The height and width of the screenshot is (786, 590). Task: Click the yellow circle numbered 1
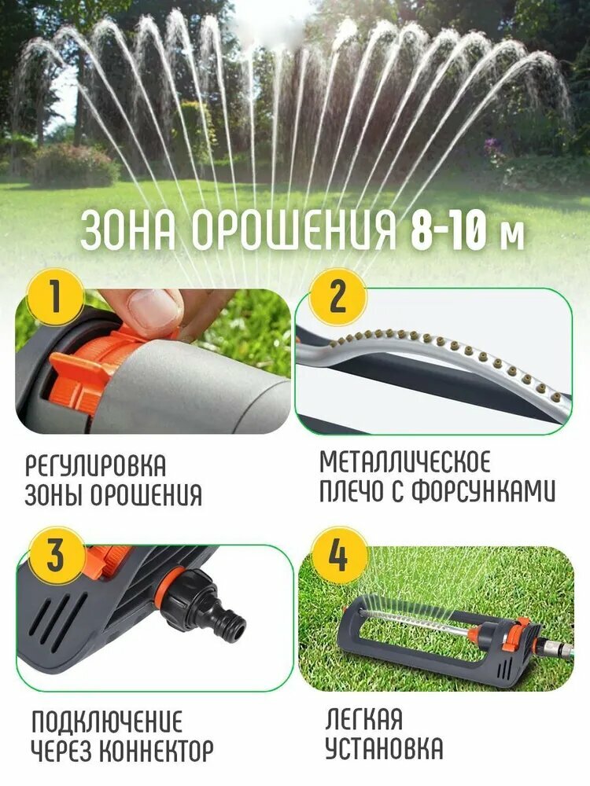[x=55, y=298]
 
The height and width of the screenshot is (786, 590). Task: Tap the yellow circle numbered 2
[x=337, y=298]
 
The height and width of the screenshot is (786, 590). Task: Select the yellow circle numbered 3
[x=56, y=555]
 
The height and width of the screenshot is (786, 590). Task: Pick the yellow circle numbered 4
[x=337, y=555]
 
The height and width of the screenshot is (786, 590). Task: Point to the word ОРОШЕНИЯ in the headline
[x=293, y=232]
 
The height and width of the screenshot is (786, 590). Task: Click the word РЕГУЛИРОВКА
[x=95, y=465]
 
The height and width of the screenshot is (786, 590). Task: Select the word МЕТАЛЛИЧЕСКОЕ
[x=405, y=461]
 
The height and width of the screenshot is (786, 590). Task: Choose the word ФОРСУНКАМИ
[x=484, y=491]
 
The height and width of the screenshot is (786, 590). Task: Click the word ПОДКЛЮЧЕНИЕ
[x=107, y=721]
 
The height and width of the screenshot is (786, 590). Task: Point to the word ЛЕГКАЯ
[x=363, y=719]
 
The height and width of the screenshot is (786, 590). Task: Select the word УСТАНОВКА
[x=385, y=748]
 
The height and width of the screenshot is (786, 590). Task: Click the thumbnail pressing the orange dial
[x=153, y=361]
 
